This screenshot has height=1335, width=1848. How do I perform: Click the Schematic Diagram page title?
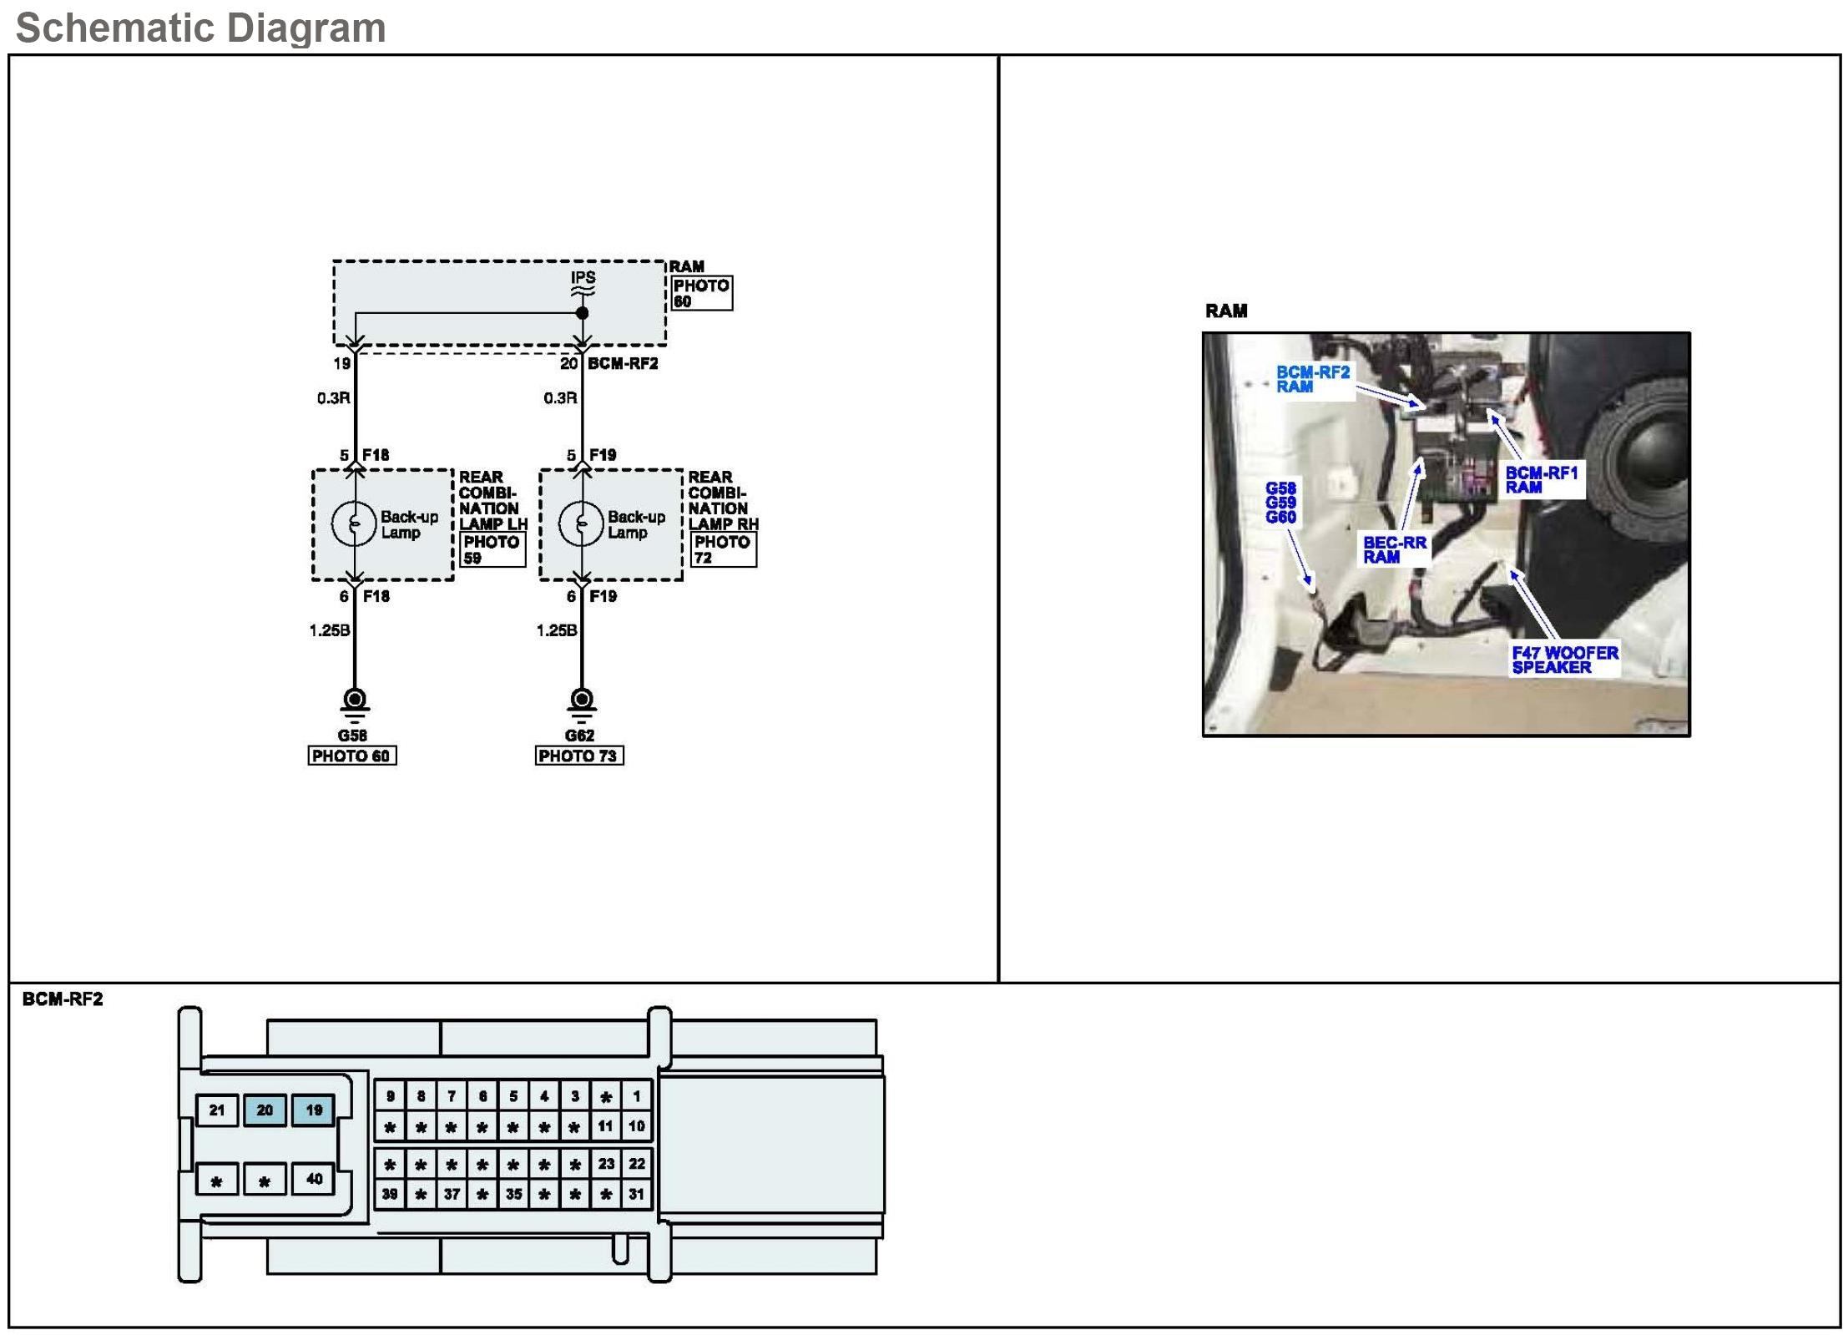tap(200, 28)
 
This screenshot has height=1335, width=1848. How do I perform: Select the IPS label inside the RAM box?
tap(583, 277)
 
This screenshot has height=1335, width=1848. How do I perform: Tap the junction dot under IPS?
tap(582, 313)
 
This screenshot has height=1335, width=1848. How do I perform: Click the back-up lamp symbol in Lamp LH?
tap(354, 524)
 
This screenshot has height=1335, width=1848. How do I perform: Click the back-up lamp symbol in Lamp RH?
tap(581, 524)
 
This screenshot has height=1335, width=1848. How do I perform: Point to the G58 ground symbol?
tap(354, 702)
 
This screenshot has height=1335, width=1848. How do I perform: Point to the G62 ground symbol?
tap(581, 702)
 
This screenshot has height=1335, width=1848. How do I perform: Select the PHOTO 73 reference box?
tap(578, 756)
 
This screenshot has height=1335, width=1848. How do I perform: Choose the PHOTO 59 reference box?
tap(492, 549)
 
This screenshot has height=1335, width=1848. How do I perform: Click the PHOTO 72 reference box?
tap(723, 549)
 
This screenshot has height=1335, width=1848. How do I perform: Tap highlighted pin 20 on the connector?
tap(265, 1110)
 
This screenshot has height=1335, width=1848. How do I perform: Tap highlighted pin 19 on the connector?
tap(313, 1110)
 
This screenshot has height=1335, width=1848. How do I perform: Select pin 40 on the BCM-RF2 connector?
tap(313, 1179)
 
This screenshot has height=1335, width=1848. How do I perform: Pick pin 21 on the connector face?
tap(217, 1110)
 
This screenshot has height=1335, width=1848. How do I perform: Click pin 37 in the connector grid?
tap(452, 1194)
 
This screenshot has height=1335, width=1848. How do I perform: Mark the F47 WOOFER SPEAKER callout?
tap(1564, 660)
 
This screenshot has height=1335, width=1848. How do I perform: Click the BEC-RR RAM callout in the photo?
tap(1394, 549)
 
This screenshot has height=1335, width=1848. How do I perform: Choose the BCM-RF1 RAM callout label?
tap(1541, 479)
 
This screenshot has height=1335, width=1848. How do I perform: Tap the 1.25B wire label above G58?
tap(329, 630)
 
